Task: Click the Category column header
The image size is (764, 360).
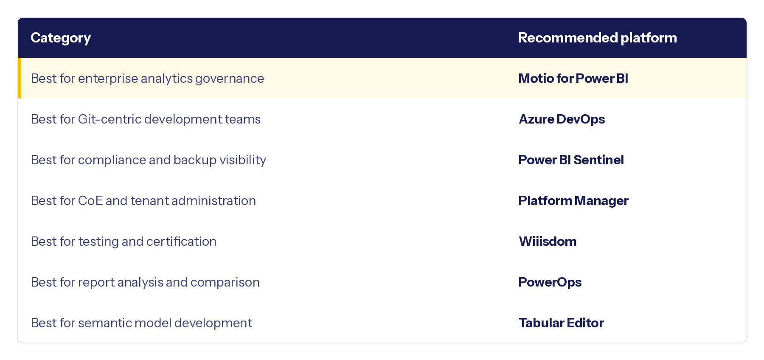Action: click(61, 38)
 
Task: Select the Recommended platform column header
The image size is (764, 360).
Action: click(598, 38)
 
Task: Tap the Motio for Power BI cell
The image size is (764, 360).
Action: click(573, 79)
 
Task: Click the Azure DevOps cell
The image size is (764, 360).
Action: click(562, 119)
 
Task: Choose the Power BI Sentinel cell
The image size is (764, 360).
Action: click(571, 160)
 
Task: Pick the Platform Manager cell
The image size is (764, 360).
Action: click(573, 201)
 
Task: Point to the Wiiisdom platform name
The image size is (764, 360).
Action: click(548, 242)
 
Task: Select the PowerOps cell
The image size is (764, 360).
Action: click(550, 282)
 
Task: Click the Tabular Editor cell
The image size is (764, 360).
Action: click(561, 323)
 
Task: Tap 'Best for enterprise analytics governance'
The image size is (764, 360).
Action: click(147, 79)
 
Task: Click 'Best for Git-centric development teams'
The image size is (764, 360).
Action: click(146, 119)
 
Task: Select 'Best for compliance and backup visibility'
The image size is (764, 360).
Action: click(149, 160)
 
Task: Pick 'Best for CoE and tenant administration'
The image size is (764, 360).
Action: click(143, 201)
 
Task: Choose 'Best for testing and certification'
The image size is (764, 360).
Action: click(124, 242)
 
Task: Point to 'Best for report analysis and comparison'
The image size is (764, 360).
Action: click(145, 282)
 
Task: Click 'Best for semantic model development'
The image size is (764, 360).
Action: click(141, 323)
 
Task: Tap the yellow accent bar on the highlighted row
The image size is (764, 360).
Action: click(19, 78)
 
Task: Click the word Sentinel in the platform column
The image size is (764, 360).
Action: click(598, 160)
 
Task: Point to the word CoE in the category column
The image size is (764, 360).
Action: click(90, 201)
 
